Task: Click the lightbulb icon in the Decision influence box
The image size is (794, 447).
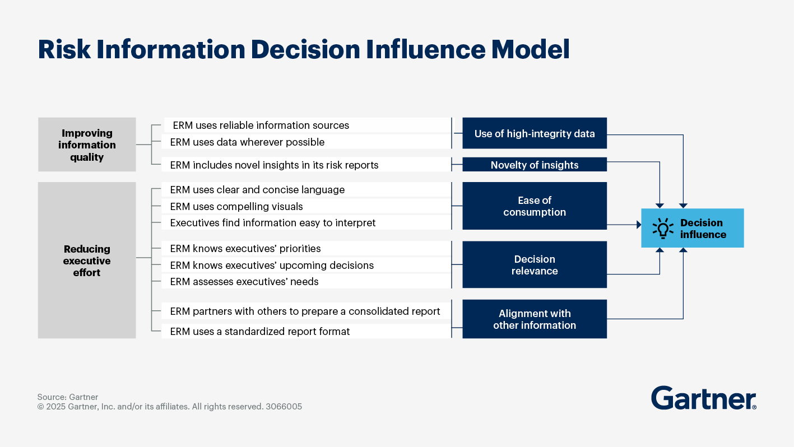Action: pos(663,229)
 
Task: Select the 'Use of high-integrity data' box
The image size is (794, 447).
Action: pos(534,133)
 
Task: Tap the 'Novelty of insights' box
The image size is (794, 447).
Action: pos(534,165)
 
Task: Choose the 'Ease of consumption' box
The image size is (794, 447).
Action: pos(534,206)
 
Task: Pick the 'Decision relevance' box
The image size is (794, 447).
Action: pos(534,265)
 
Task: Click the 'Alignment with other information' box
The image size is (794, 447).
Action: pos(534,319)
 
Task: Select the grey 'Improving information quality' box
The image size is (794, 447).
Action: pos(87,145)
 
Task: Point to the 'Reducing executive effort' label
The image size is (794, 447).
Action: pos(87,260)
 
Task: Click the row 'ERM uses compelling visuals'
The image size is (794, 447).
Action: pos(236,206)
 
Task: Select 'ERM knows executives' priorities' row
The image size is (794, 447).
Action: pos(245,248)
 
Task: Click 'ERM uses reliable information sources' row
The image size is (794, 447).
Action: pos(261,125)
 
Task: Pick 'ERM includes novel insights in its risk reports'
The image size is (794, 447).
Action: pos(274,165)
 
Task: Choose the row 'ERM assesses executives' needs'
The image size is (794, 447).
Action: pos(244,281)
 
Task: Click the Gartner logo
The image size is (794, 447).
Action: pos(703,398)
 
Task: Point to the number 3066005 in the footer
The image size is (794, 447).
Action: pos(284,407)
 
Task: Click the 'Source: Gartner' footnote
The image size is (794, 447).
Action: pos(67,397)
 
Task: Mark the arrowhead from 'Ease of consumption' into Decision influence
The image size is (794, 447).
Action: pos(638,225)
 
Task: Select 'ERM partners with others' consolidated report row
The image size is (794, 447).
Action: pos(305,311)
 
